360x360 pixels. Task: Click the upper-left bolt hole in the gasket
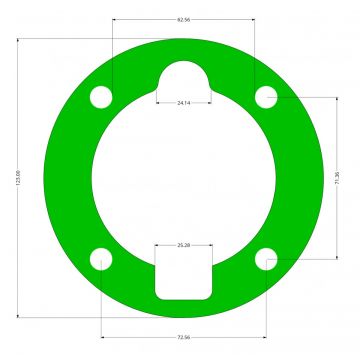[x=101, y=97]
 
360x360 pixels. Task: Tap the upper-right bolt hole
[x=265, y=97]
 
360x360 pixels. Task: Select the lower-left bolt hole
[x=101, y=260]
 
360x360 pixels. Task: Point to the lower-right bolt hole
[x=265, y=260]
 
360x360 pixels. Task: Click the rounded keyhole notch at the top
[x=184, y=78]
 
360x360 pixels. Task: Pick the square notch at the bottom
[x=183, y=274]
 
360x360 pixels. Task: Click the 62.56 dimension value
[x=183, y=20]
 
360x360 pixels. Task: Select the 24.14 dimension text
[x=184, y=103]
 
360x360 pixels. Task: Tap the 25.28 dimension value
[x=184, y=245]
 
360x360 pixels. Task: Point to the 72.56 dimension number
[x=183, y=337]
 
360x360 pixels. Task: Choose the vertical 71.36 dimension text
[x=336, y=178]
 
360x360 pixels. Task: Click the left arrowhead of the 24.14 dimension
[x=158, y=101]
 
